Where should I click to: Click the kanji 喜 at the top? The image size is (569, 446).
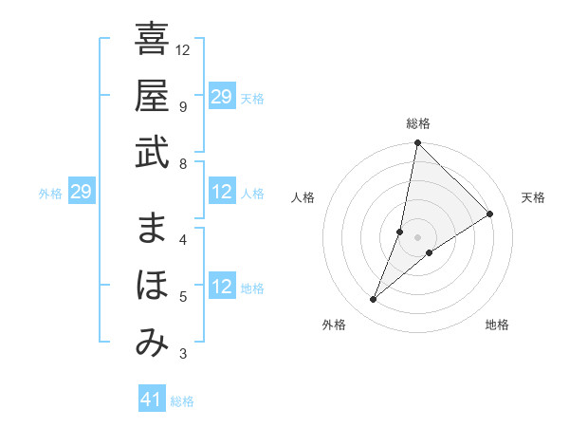tap(152, 40)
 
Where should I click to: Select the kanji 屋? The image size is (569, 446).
tap(152, 96)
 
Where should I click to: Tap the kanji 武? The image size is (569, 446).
tap(152, 152)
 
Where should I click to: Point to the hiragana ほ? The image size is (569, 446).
tap(152, 286)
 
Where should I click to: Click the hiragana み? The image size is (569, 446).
tap(152, 343)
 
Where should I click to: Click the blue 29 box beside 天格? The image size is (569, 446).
tap(221, 97)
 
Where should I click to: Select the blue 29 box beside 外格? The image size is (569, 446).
tap(81, 193)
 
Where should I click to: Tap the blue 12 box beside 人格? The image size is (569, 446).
tap(221, 193)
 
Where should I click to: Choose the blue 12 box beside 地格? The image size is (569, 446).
tap(221, 288)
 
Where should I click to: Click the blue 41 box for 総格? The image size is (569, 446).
tap(152, 400)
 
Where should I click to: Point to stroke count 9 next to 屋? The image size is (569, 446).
tap(182, 106)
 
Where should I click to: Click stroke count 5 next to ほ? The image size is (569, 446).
tap(182, 297)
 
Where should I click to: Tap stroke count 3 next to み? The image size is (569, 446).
tap(182, 355)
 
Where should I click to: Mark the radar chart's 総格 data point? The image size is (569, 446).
tap(417, 143)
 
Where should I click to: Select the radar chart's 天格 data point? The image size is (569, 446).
tap(490, 214)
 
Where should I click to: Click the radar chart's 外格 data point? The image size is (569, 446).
tap(374, 300)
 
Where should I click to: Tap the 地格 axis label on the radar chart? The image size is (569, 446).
tap(497, 325)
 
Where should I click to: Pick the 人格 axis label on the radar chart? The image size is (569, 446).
tap(303, 197)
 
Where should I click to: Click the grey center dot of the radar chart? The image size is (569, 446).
tap(417, 236)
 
